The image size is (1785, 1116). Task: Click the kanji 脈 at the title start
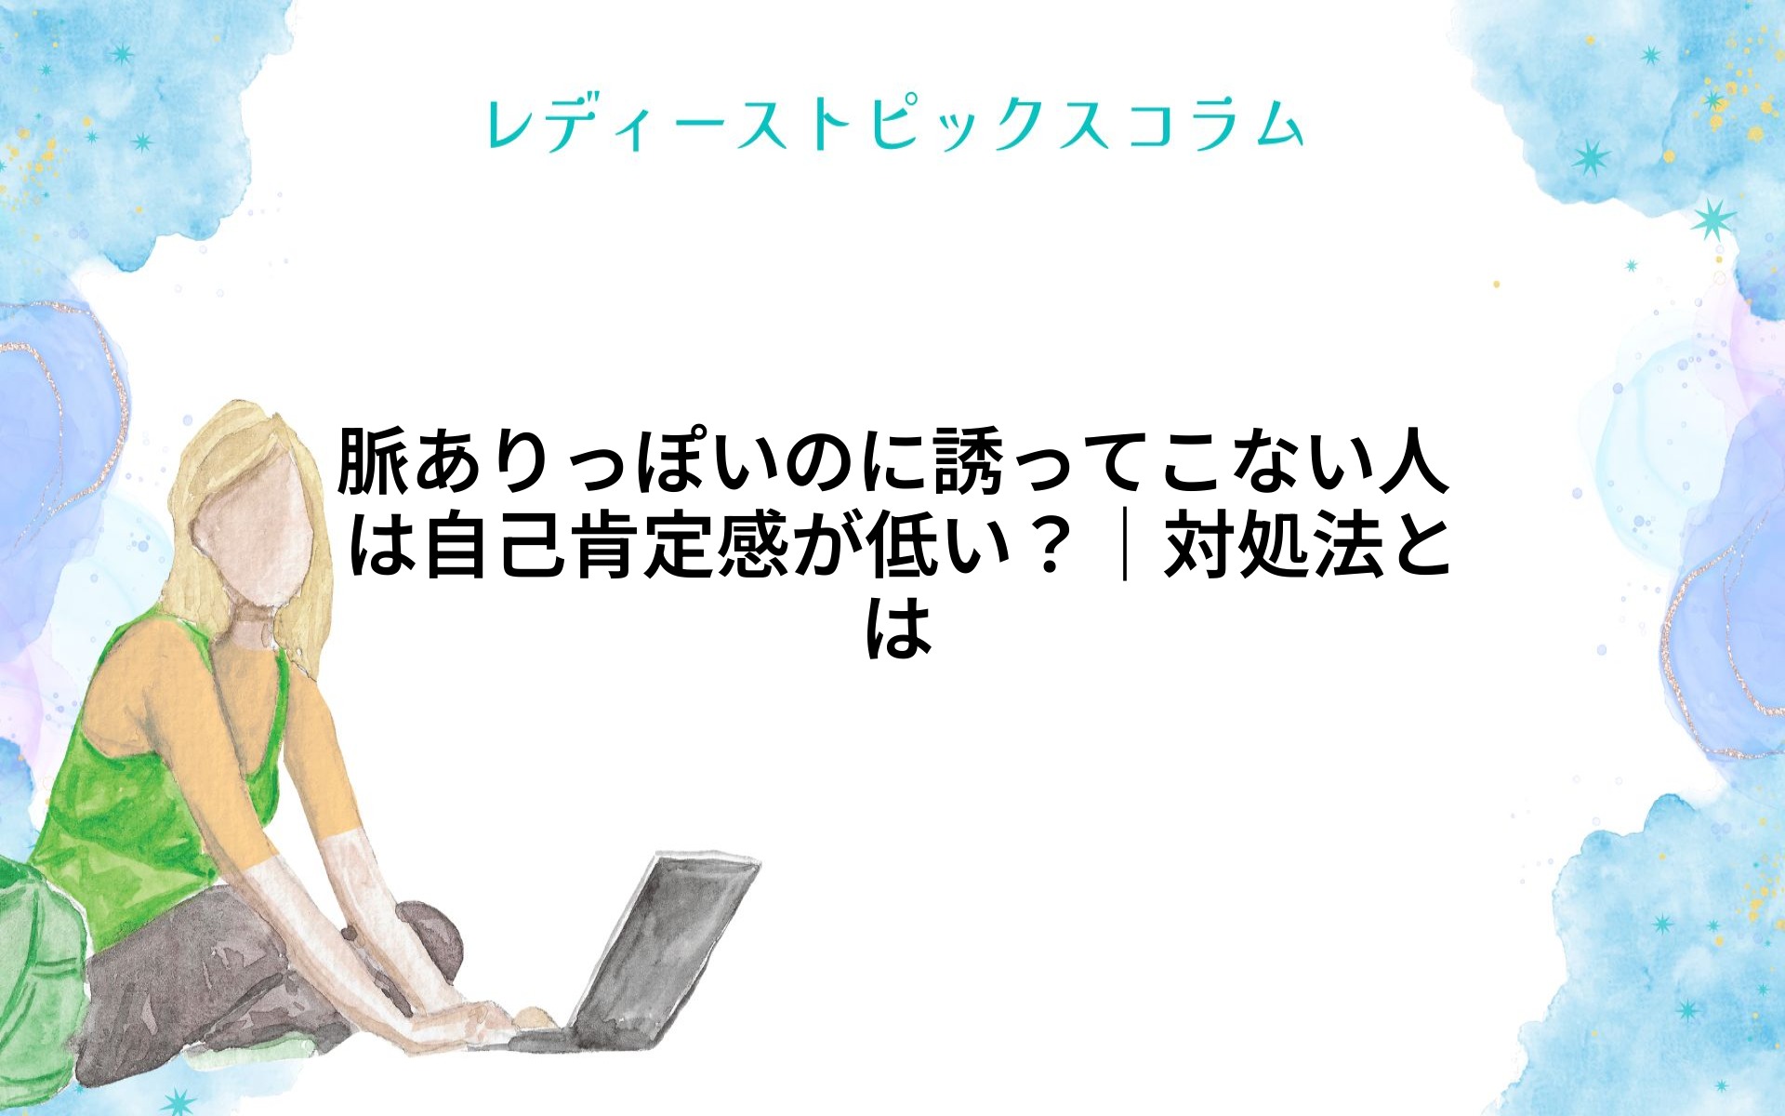pyautogui.click(x=372, y=459)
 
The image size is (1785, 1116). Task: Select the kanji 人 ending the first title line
pyautogui.click(x=1412, y=459)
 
